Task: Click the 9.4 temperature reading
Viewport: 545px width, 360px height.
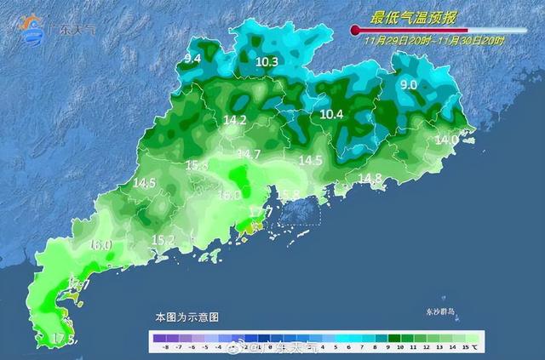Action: [x=192, y=58]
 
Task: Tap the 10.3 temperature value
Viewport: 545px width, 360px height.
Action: [x=267, y=61]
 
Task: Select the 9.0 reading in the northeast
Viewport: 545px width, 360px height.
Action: [x=409, y=84]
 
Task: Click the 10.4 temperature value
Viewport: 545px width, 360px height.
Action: [x=331, y=114]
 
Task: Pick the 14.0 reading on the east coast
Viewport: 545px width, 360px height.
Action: [x=446, y=139]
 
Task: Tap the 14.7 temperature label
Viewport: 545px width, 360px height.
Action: [x=249, y=154]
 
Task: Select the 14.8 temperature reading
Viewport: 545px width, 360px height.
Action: [x=370, y=178]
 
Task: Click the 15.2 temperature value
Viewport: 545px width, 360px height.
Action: [x=163, y=240]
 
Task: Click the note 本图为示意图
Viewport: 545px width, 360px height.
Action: [x=186, y=317]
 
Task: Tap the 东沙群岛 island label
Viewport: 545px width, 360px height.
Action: [x=441, y=312]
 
